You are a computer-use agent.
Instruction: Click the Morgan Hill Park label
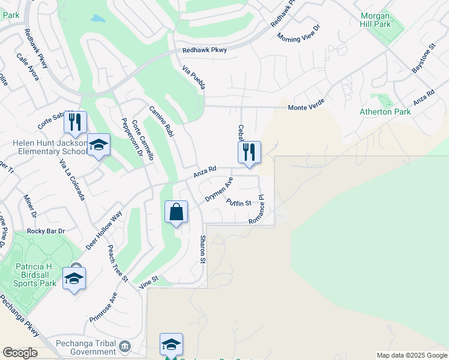[376, 19]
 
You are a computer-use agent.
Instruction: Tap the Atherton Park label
[385, 112]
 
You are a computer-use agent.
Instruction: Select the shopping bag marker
[176, 212]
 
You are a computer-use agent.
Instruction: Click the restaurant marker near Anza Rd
[249, 152]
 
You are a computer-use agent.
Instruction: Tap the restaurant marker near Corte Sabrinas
[75, 123]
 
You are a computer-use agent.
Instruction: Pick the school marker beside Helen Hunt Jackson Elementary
[99, 145]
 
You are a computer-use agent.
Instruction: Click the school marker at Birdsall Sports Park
[74, 278]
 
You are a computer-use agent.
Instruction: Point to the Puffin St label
[238, 203]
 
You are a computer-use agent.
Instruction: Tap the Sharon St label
[202, 250]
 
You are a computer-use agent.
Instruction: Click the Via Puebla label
[194, 78]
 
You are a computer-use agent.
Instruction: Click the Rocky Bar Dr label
[46, 231]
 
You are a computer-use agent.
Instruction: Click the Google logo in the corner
[20, 353]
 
